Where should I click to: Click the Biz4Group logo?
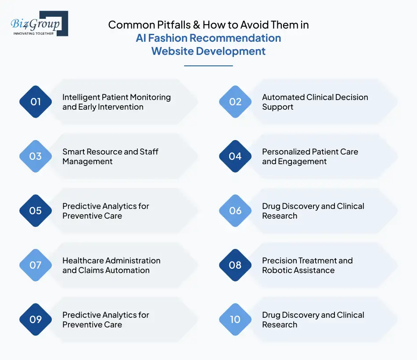point(39,24)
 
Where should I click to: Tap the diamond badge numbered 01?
point(36,102)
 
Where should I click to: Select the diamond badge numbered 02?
point(235,102)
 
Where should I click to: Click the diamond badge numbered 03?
point(36,156)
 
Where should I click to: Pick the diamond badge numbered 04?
point(235,156)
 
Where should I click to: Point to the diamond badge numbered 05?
point(36,211)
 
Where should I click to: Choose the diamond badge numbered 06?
point(235,211)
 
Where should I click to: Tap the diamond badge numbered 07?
point(36,265)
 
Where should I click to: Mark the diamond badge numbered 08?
point(235,265)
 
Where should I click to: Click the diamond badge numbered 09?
point(36,320)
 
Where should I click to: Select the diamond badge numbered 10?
point(235,320)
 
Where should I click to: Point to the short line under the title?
point(208,66)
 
